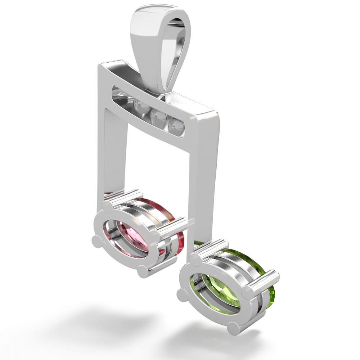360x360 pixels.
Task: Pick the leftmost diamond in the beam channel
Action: [117, 93]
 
